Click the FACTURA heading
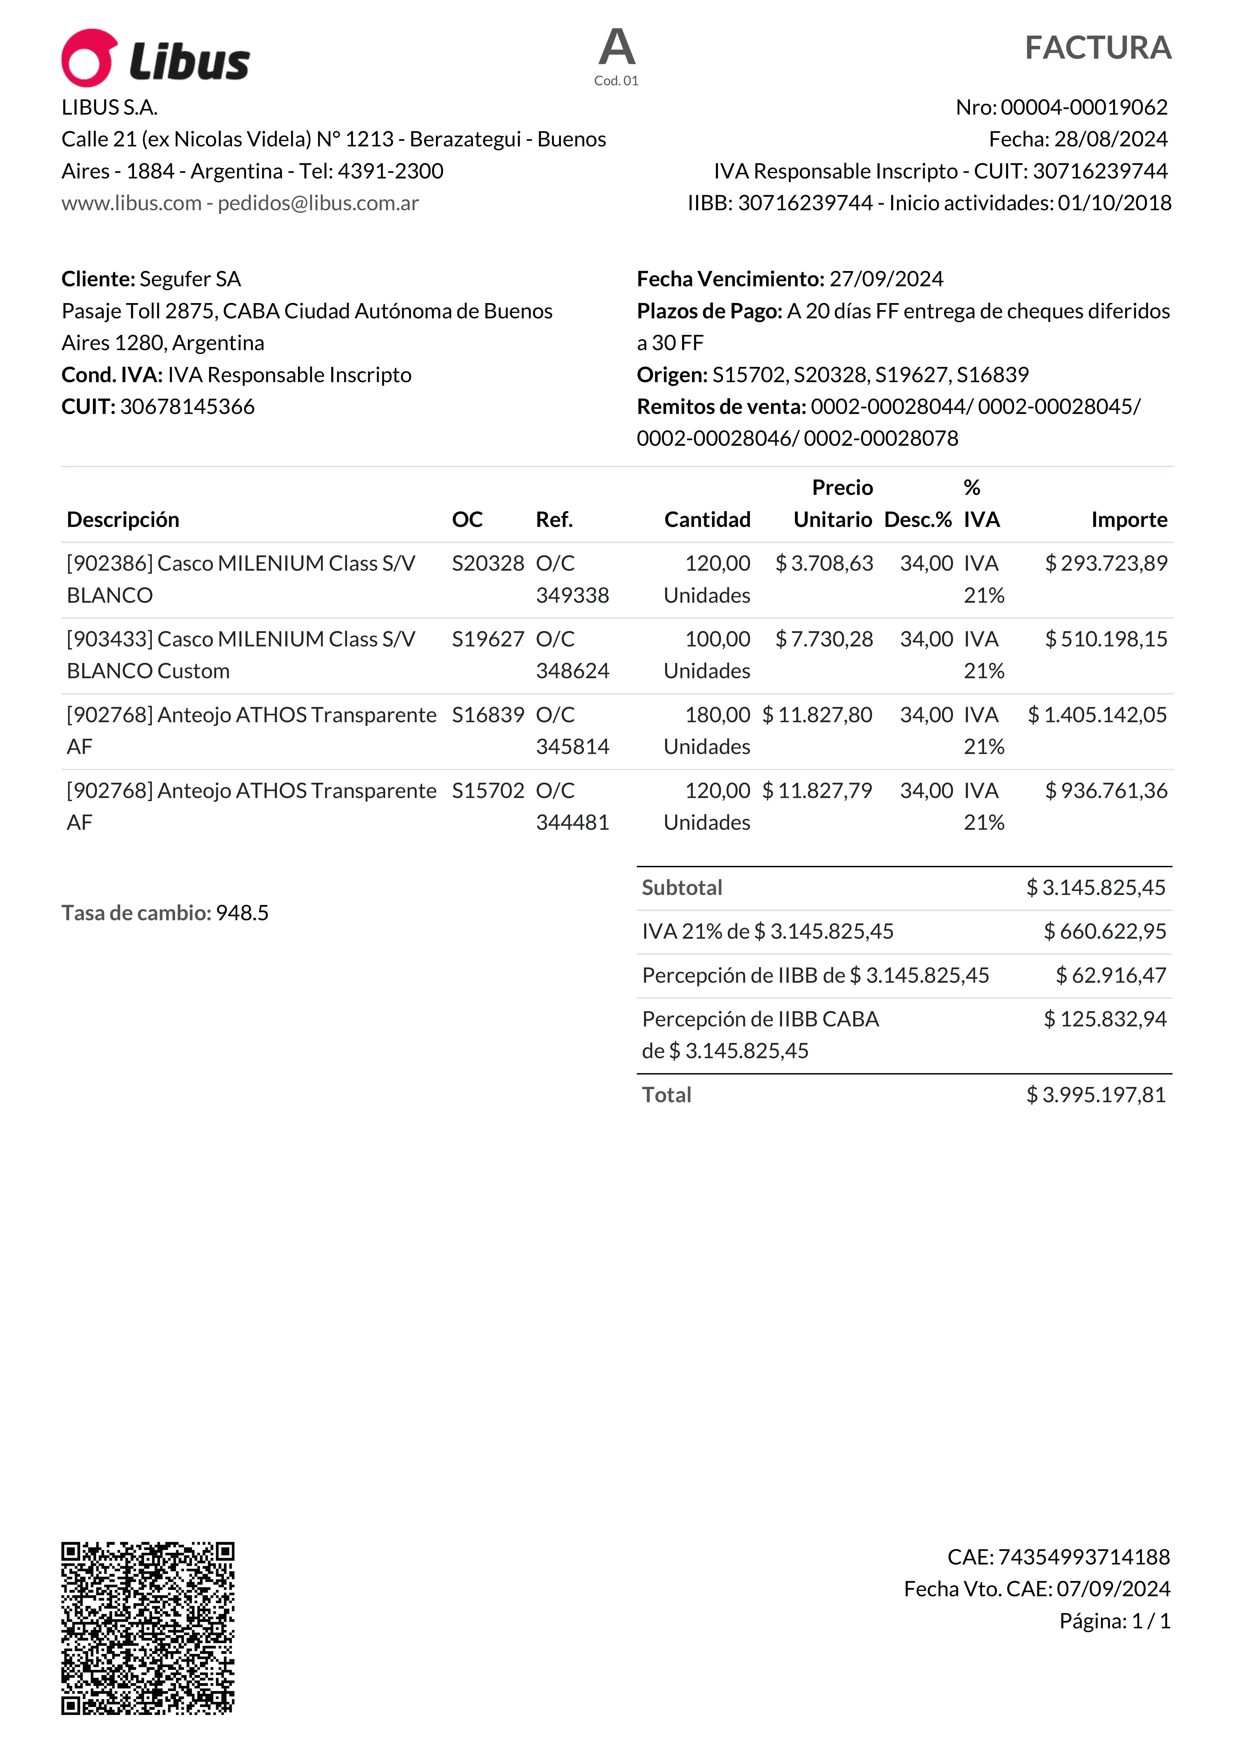[x=1097, y=48]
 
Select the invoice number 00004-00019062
[x=1084, y=107]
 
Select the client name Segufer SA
[x=190, y=279]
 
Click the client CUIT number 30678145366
[x=187, y=407]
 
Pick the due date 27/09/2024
[x=886, y=279]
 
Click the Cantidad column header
[x=707, y=520]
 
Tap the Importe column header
[x=1129, y=520]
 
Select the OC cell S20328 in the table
[x=488, y=564]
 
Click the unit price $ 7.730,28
[x=824, y=639]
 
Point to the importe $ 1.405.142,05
[x=1096, y=715]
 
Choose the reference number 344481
[x=572, y=822]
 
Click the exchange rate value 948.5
[x=242, y=913]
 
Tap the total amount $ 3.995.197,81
[x=1096, y=1095]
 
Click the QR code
[x=148, y=1628]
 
